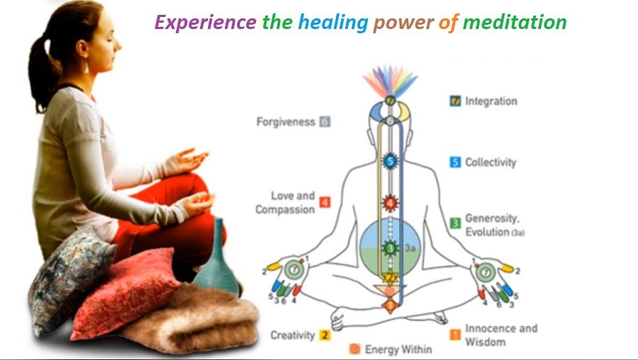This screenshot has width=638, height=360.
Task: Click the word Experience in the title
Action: coord(206,23)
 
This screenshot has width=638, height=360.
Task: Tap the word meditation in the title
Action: coord(515,21)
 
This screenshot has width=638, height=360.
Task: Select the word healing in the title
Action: coord(333,23)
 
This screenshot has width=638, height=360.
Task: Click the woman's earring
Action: coord(86,66)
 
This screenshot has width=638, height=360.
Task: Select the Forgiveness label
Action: coord(286,122)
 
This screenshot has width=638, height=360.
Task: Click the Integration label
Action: coord(491,101)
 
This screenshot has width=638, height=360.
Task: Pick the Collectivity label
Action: coord(491,162)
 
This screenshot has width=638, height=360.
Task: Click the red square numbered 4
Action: coord(325,202)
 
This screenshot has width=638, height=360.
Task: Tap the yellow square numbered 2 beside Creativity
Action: coord(324,335)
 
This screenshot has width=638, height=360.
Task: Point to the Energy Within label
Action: coord(398,349)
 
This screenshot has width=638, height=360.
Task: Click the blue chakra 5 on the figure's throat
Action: coord(390,161)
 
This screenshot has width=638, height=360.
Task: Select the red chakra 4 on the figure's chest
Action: coord(390,202)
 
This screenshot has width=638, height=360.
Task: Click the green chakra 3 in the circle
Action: coord(390,248)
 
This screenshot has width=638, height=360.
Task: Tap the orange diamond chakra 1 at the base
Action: coord(390,305)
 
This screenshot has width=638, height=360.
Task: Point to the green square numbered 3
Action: coord(456,223)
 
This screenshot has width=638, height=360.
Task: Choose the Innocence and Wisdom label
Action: coord(501,335)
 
